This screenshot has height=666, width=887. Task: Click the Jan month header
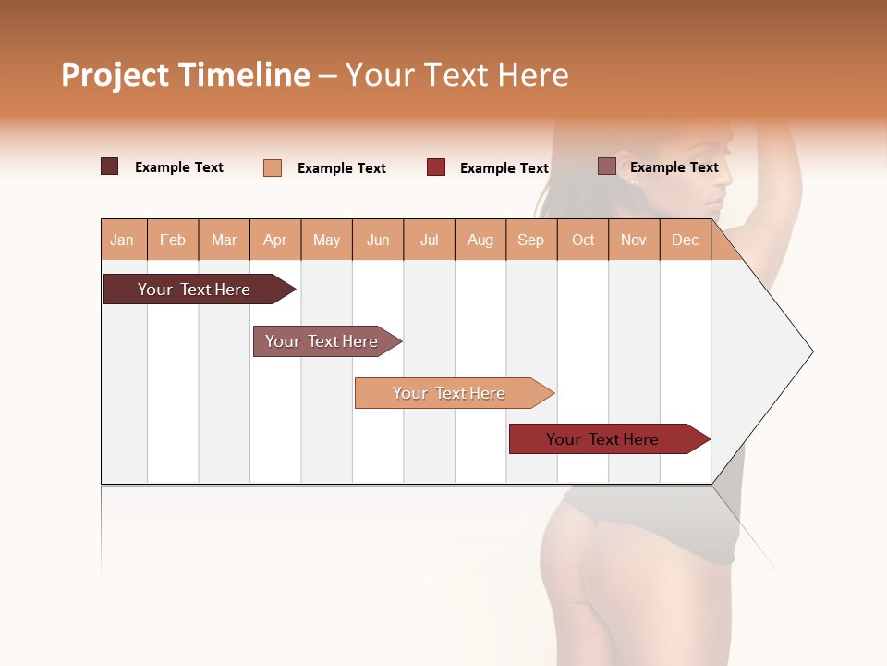123,240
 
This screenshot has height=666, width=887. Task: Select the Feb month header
173,240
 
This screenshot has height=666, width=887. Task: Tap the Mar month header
224,240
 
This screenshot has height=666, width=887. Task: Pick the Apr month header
275,240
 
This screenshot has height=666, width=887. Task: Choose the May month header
326,240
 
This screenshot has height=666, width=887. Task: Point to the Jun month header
378,240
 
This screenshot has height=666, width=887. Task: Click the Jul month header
429,240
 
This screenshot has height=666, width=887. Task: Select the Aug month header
480,240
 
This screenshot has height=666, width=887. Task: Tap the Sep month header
531,240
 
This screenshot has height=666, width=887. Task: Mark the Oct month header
583,240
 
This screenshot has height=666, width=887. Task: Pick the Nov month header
634,240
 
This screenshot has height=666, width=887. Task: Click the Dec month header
686,240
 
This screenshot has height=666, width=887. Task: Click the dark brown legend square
110,166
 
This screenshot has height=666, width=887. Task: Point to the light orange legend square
273,167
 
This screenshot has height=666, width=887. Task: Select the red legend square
436,167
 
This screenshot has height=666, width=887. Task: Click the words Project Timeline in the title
186,75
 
